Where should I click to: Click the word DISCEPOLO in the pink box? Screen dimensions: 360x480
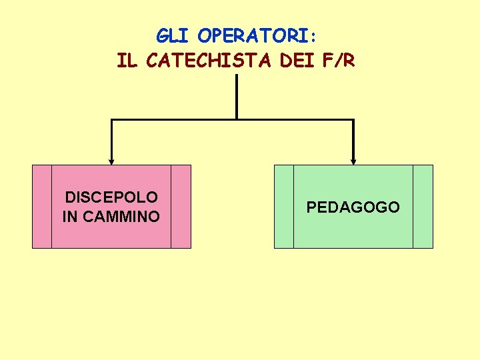(111, 197)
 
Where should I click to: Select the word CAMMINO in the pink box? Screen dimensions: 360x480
(121, 217)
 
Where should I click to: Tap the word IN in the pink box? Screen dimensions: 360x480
(70, 217)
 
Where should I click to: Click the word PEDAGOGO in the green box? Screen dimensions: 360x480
(353, 207)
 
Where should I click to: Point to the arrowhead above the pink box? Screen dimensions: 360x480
(111, 161)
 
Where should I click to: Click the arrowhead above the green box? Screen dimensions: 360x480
(353, 161)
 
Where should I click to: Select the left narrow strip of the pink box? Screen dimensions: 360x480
(42, 207)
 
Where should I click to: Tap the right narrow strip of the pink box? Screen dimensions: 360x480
(181, 207)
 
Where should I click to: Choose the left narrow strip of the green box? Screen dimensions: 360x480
(284, 207)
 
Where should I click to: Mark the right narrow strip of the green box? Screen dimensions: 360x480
(423, 207)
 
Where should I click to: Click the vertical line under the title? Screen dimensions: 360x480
(237, 97)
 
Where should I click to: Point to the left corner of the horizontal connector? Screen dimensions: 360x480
(111, 120)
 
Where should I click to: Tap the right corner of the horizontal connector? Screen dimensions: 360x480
(353, 120)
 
